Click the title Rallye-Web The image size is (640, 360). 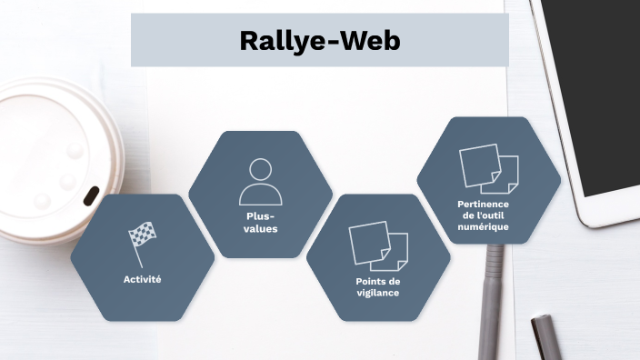pos(319,40)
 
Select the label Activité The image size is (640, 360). pos(142,279)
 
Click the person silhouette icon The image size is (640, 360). pos(260,181)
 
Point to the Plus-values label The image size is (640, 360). pos(260,223)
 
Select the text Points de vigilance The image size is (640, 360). pos(377,287)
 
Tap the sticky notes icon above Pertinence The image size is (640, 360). pos(488,168)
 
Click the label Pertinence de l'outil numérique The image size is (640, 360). pos(484,215)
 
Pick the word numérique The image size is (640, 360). pos(484,227)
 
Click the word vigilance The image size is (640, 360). pos(377,293)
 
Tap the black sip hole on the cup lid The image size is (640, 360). pos(92,195)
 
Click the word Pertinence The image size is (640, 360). pos(484,205)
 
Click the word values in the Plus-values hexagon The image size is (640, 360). pos(260,229)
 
